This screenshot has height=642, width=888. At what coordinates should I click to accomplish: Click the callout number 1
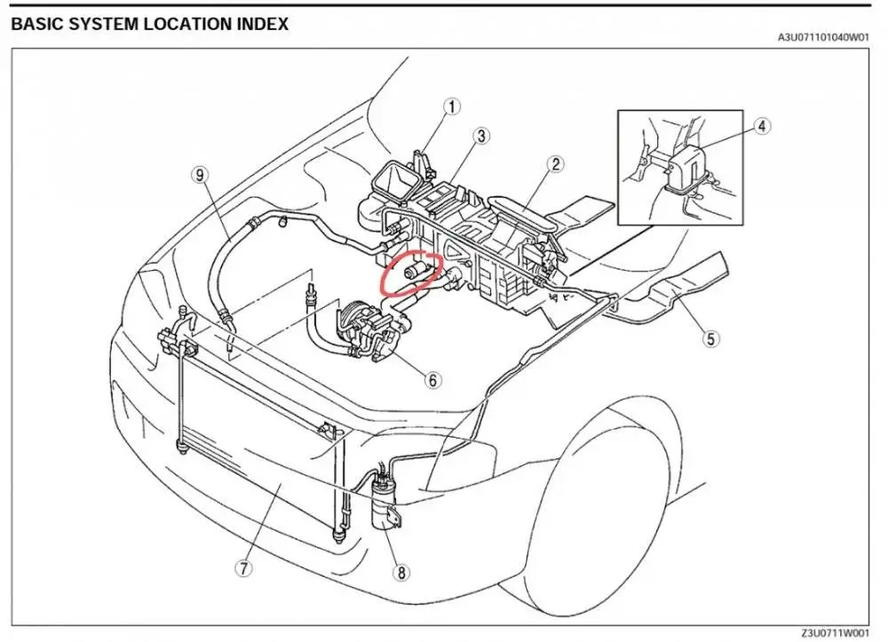[453, 107]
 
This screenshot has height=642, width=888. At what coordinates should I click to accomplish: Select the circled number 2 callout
[555, 163]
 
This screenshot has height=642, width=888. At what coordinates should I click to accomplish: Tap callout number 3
[480, 136]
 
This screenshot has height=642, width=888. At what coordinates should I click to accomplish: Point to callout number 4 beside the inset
[762, 126]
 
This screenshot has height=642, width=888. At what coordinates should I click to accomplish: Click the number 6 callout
[432, 380]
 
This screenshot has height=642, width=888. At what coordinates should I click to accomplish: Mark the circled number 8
[402, 573]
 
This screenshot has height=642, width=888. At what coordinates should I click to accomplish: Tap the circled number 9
[201, 174]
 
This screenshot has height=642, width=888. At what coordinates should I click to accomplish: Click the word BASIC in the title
[36, 25]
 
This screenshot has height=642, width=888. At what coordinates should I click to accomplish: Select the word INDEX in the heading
[263, 25]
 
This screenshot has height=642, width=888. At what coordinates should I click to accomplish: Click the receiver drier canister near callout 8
[384, 506]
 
